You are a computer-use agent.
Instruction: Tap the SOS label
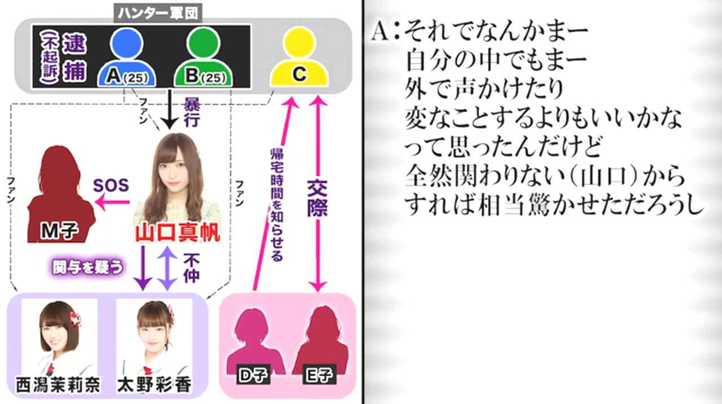(111, 185)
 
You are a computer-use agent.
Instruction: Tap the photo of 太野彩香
(154, 339)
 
